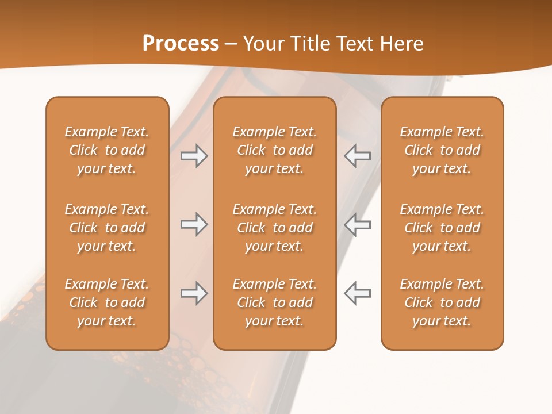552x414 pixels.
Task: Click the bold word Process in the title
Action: pyautogui.click(x=181, y=44)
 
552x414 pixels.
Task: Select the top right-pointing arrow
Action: pyautogui.click(x=194, y=156)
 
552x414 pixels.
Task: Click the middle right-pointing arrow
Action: pyautogui.click(x=194, y=224)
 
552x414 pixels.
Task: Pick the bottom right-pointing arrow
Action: pyautogui.click(x=194, y=293)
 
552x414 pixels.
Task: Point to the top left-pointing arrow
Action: pyautogui.click(x=358, y=156)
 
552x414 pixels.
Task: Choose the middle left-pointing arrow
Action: pyautogui.click(x=358, y=224)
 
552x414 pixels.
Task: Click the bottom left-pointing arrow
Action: pyautogui.click(x=358, y=293)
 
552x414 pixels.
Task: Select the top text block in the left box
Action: pyautogui.click(x=107, y=150)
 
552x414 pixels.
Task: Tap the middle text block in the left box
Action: pyautogui.click(x=107, y=228)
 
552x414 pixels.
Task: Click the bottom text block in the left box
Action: pyautogui.click(x=107, y=302)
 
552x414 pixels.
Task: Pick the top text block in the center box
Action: pyautogui.click(x=274, y=150)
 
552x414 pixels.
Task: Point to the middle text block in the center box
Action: pyautogui.click(x=274, y=228)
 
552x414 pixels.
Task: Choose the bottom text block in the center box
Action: pyautogui.click(x=274, y=302)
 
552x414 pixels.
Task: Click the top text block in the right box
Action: pyautogui.click(x=442, y=150)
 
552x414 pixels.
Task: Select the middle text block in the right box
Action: pyautogui.click(x=442, y=228)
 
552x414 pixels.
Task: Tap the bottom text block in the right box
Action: pyautogui.click(x=442, y=302)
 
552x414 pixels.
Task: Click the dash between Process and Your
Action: pyautogui.click(x=231, y=44)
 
